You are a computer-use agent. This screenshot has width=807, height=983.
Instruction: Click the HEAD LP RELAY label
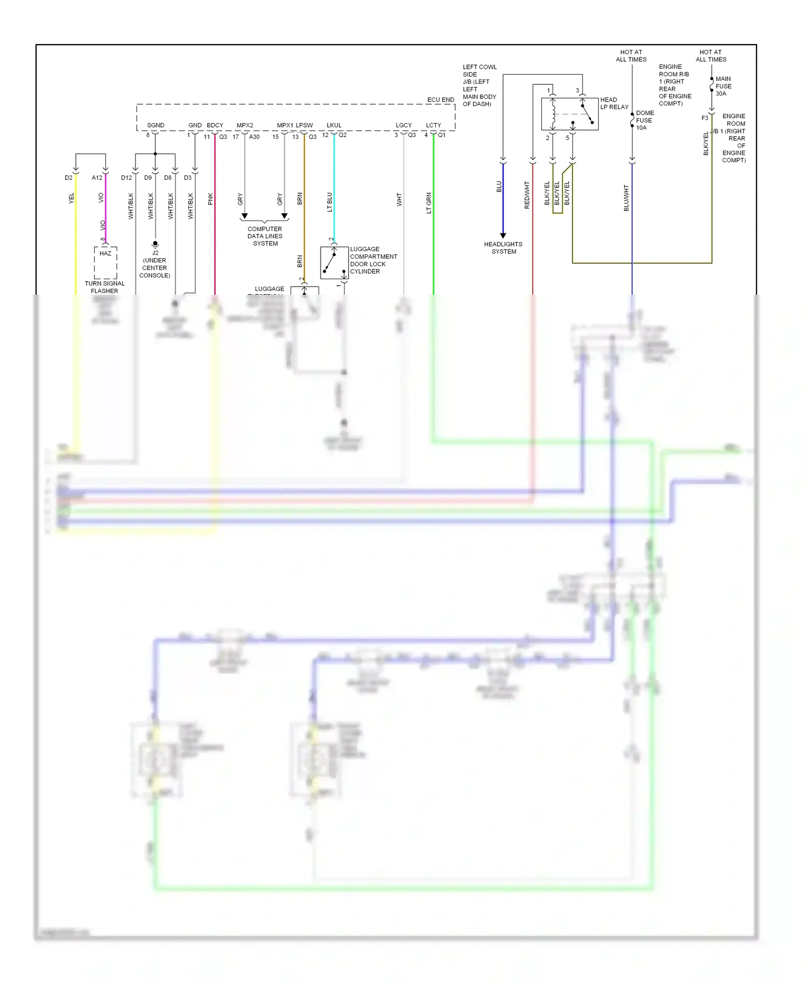click(x=614, y=103)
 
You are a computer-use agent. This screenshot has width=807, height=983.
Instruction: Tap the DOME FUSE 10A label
click(x=645, y=120)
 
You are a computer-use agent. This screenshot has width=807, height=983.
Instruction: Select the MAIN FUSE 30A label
click(x=723, y=86)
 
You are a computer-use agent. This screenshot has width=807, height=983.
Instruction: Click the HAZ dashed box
click(x=105, y=262)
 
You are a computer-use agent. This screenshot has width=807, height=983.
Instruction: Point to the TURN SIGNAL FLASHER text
click(x=104, y=287)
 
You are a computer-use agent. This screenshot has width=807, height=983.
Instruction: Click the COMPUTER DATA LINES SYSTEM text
click(x=265, y=236)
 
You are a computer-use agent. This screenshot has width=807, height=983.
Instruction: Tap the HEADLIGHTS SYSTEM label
click(x=503, y=248)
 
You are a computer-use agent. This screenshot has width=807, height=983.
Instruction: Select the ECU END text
click(x=441, y=99)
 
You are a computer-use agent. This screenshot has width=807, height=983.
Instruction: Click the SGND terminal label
click(x=155, y=125)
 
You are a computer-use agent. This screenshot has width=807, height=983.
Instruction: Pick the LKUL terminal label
click(x=334, y=125)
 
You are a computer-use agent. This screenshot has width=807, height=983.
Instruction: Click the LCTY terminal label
click(x=434, y=125)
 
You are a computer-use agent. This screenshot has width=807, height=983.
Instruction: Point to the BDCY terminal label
click(x=215, y=125)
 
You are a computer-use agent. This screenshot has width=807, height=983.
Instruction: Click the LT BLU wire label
click(x=329, y=202)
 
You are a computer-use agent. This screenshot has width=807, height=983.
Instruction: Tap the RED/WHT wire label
click(x=527, y=195)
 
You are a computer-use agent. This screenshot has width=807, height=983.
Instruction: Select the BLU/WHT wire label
click(x=626, y=198)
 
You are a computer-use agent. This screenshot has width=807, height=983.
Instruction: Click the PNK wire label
click(x=210, y=199)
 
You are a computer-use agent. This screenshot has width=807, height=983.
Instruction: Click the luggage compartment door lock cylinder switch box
click(x=334, y=262)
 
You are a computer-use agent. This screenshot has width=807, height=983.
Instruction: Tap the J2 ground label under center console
click(x=155, y=264)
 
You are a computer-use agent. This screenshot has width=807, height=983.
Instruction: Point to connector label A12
click(x=97, y=177)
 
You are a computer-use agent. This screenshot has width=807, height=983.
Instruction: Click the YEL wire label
click(x=71, y=198)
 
